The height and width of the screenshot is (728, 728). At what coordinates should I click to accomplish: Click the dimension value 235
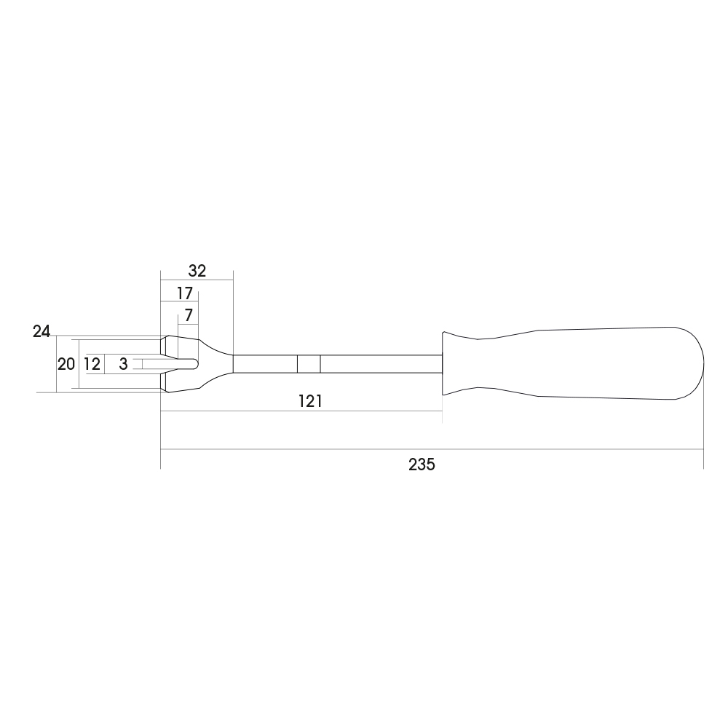pos(422,464)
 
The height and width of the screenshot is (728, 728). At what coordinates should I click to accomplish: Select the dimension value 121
pos(310,401)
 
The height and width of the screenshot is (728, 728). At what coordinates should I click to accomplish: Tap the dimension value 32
pos(197,271)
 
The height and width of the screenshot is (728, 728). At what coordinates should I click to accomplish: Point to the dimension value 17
pos(184,293)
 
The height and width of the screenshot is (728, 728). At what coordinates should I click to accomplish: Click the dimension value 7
pos(188,316)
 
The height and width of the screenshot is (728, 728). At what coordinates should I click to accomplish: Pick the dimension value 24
pos(41,331)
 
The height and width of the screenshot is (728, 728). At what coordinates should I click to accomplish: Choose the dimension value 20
pos(66,364)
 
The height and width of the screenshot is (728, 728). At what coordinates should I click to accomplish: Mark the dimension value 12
pos(92,364)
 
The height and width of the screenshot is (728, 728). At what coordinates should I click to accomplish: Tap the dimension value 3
pos(123,364)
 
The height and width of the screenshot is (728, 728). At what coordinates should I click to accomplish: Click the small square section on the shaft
pos(309,364)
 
